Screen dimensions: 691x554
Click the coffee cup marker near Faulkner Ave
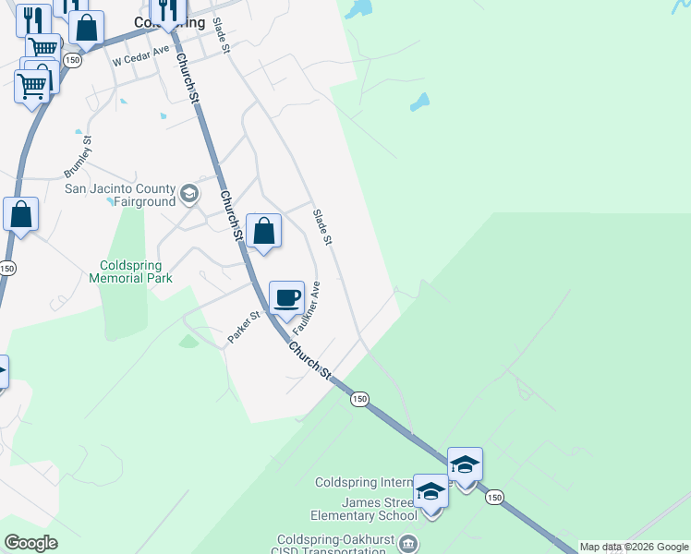pos(287,298)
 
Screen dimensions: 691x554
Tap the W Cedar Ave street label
pos(142,56)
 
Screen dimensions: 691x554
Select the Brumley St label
pos(79,158)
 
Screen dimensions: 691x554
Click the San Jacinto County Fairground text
pos(120,195)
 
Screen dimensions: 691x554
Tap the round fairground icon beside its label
pos(189,194)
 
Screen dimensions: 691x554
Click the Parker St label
pos(244,328)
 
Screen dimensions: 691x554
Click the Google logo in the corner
pos(30,543)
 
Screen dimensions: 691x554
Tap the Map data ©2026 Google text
pos(634,547)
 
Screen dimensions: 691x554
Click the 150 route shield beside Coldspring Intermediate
pos(494,497)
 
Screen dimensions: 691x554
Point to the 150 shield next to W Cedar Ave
pos(73,59)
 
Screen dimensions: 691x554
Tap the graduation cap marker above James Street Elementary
pos(465,464)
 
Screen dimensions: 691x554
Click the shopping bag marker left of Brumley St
pos(21,214)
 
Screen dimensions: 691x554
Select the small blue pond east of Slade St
pos(420,102)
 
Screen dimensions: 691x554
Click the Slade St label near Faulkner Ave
pos(321,227)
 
